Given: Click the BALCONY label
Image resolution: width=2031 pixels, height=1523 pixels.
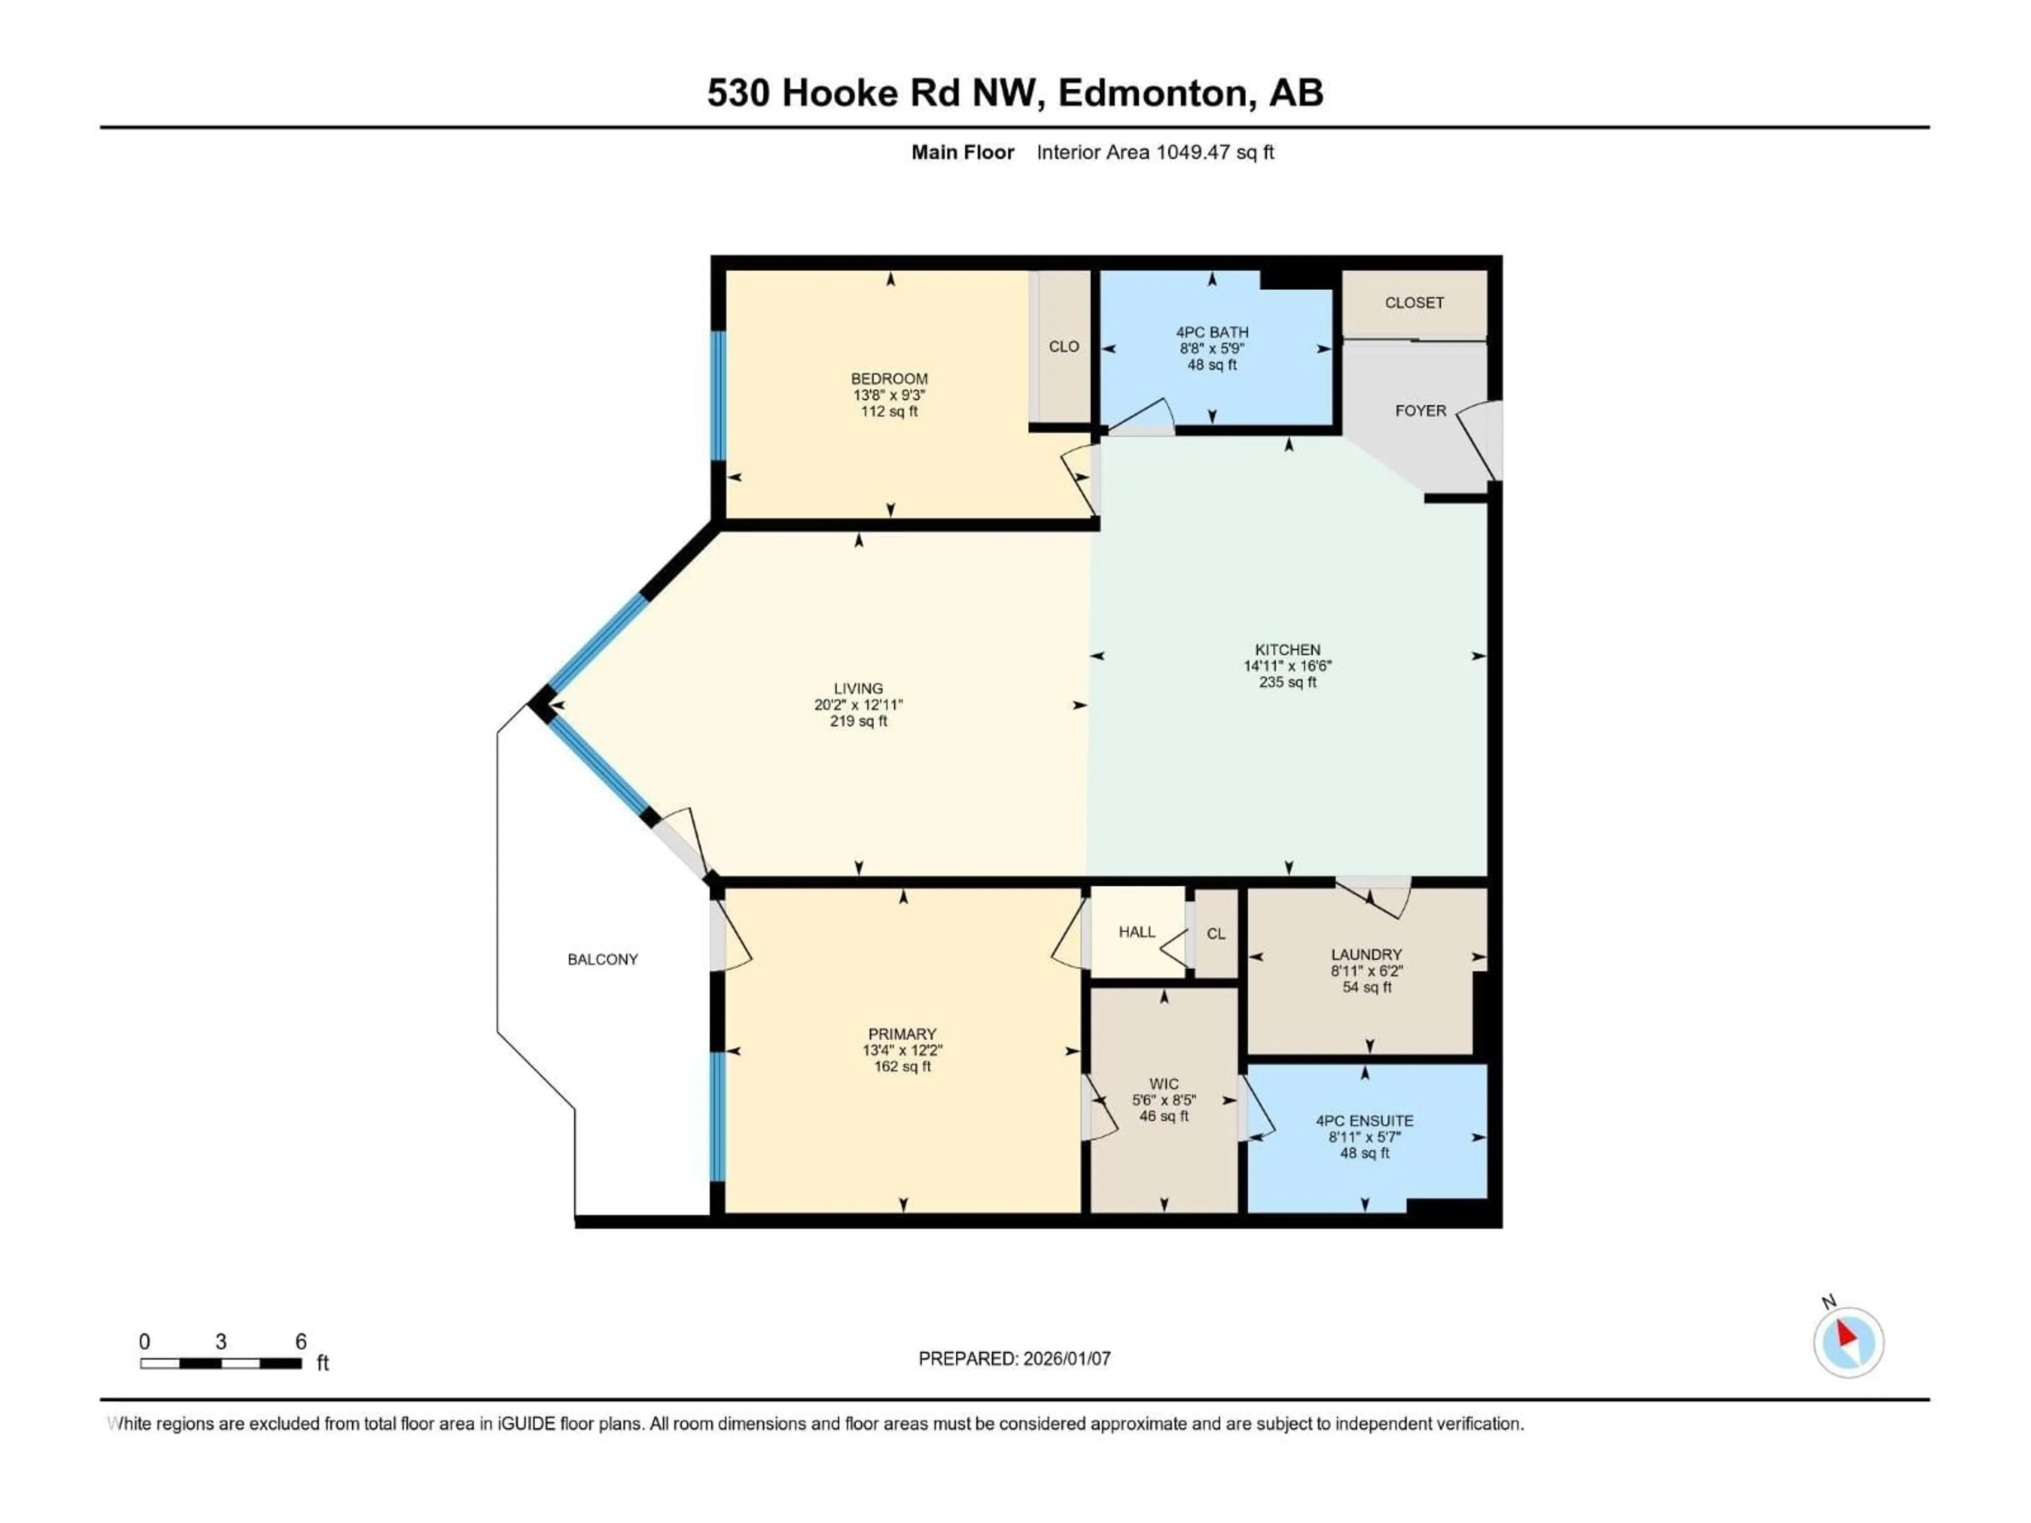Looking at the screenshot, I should (602, 959).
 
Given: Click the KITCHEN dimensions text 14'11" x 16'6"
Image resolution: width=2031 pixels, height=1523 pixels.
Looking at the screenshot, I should (1287, 666).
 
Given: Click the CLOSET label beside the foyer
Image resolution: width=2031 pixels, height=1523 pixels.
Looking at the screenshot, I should (1414, 303).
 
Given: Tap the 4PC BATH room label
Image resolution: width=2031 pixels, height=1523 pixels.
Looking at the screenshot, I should (1212, 332).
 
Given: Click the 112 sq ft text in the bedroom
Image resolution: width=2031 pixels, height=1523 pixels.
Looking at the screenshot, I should (889, 411).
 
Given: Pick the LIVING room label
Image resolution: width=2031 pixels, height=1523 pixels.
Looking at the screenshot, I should (858, 689).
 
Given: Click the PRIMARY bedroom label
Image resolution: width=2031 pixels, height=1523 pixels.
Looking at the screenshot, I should (902, 1034).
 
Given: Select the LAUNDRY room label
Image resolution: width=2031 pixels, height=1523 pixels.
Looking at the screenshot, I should (1366, 955).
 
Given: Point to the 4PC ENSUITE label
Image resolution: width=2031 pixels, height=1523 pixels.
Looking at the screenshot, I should (1365, 1121).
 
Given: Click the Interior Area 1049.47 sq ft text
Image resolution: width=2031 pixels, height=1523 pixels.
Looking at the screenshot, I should (1155, 152).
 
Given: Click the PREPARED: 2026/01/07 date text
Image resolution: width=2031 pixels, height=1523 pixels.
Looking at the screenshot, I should (1014, 1359).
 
